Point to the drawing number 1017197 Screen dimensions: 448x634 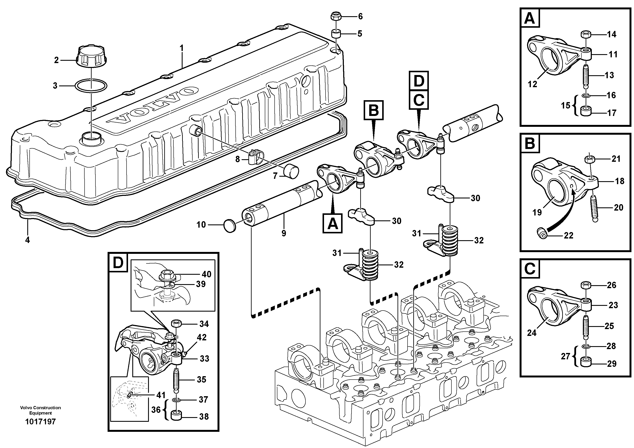40,422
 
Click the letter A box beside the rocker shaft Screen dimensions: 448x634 333,223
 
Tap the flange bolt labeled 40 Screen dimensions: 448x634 166,274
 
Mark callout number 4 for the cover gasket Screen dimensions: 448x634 27,240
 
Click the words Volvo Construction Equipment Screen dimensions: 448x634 40,410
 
